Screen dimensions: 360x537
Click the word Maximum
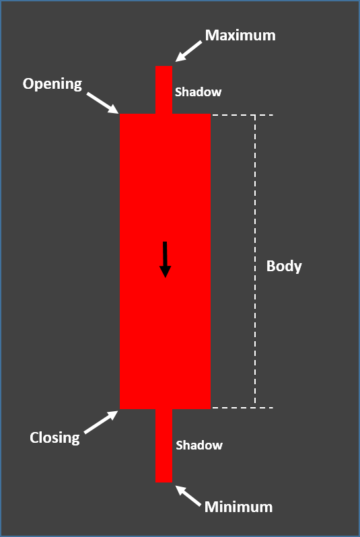pyautogui.click(x=240, y=35)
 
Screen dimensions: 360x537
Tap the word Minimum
pyautogui.click(x=238, y=507)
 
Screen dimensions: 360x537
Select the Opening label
pyautogui.click(x=52, y=84)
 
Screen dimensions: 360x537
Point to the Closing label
pyautogui.click(x=55, y=438)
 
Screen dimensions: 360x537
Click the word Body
pyautogui.click(x=284, y=266)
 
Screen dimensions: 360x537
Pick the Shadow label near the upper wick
pyautogui.click(x=199, y=92)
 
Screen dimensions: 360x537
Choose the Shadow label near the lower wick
pyautogui.click(x=199, y=445)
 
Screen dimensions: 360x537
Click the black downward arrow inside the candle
pyautogui.click(x=165, y=260)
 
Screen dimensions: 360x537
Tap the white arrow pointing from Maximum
pyautogui.click(x=188, y=51)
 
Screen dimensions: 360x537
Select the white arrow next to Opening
pyautogui.click(x=102, y=103)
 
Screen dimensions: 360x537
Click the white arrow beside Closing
pyautogui.click(x=101, y=422)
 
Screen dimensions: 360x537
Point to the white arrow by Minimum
pyautogui.click(x=188, y=496)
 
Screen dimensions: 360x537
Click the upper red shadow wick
pyautogui.click(x=164, y=89)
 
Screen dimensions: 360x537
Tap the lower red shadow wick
pyautogui.click(x=164, y=445)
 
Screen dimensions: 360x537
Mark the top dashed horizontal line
pyautogui.click(x=242, y=115)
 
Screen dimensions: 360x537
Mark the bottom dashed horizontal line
pyautogui.click(x=242, y=408)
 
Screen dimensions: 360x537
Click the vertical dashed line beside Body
pyautogui.click(x=255, y=261)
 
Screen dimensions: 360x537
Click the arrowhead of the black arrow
pyautogui.click(x=165, y=271)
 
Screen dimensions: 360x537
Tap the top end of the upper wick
pyautogui.click(x=164, y=66)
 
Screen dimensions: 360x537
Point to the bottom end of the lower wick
pyautogui.click(x=164, y=482)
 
